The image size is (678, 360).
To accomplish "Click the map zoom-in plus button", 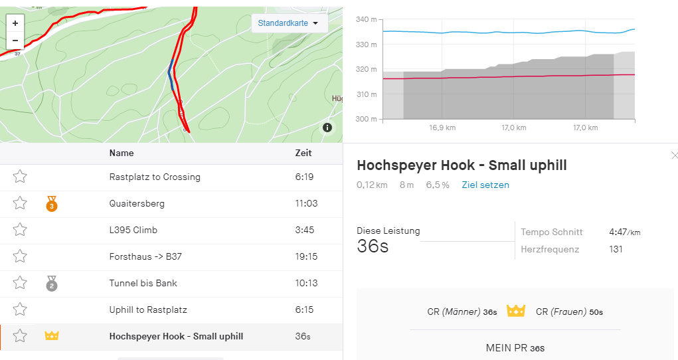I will point(15,23).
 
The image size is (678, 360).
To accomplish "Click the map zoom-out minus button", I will point(15,41).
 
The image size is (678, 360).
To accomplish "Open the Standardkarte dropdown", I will point(288,23).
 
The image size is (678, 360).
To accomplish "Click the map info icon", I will point(327,128).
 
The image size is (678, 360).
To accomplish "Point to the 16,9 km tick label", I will point(442,128).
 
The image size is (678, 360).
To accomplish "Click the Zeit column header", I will point(303,153).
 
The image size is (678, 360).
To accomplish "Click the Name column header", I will point(122,153).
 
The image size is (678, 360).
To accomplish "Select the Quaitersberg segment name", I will point(137,204).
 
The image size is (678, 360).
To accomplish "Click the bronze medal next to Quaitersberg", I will point(52,205).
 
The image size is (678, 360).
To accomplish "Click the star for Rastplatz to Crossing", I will point(20,177).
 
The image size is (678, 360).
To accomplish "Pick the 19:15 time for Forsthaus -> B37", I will point(306,256).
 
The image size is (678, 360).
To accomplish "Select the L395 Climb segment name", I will point(133,230).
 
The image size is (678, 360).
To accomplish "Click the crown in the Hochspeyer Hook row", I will point(52,336).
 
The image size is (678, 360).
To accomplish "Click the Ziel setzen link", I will point(485,185).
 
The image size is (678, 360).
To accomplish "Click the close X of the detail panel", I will point(675,155).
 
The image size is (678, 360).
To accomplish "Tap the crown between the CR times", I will point(516,311).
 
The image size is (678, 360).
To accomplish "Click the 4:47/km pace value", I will point(624,232).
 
